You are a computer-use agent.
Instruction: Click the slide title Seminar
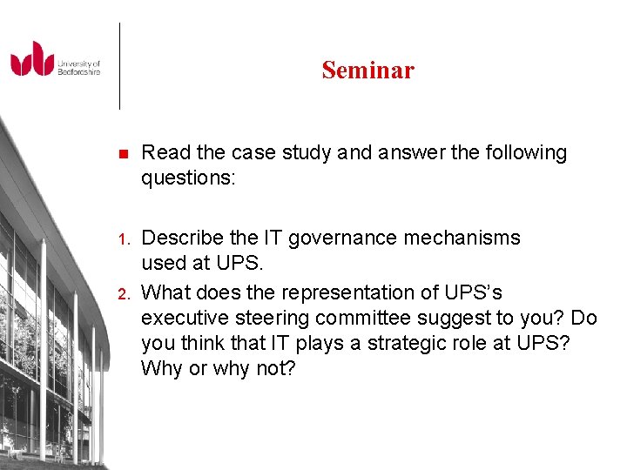tap(367, 70)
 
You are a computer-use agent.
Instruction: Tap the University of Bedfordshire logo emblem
tap(32, 59)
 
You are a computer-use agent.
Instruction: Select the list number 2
tap(123, 293)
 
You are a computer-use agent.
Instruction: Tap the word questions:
tap(182, 178)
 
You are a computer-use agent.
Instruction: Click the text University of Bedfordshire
tap(78, 68)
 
